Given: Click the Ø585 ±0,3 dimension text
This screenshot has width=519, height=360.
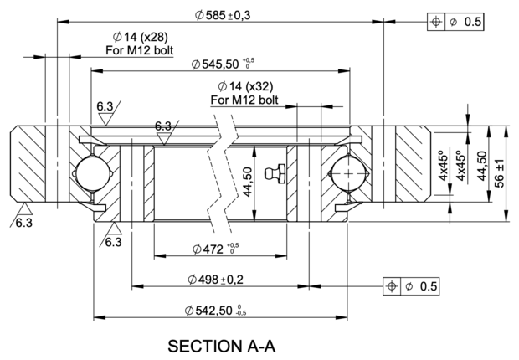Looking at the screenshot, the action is point(223,15).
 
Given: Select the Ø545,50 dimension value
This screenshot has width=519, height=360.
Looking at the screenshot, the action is point(223,64).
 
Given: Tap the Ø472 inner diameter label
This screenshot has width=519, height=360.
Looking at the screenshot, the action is point(215,249).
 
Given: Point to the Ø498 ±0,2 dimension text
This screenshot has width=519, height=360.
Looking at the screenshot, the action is point(215,280).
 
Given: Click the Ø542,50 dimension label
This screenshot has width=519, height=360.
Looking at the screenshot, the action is point(215,311).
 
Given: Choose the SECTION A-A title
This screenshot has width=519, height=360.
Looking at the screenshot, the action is point(222,346).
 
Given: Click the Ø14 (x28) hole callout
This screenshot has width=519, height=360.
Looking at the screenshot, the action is point(140,37).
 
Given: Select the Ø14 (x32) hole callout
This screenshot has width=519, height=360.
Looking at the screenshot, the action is point(245,86).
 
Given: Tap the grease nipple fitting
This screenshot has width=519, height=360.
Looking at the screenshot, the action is point(275,173).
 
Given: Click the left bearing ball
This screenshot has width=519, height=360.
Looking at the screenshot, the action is point(92,172).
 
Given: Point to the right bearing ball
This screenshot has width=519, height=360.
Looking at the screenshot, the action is point(349,172).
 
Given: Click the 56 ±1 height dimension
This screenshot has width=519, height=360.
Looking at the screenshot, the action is point(499,173).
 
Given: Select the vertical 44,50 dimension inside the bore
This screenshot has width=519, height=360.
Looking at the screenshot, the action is point(248,182).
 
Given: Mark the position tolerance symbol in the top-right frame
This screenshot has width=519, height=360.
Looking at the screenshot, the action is point(436,22).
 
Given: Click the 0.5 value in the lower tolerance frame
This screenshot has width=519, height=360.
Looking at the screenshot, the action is point(429,286).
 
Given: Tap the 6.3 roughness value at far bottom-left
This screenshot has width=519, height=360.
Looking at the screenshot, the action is point(24,223).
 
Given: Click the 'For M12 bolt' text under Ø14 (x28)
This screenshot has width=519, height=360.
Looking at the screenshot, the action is point(139,50).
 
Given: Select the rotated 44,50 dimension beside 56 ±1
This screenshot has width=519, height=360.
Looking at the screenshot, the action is point(482,166).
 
